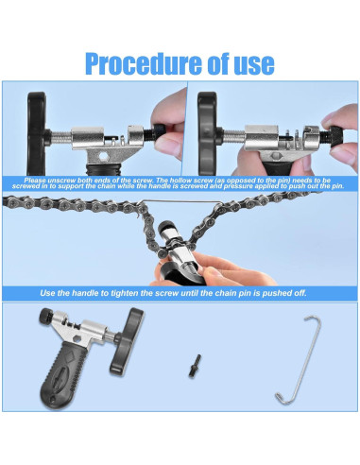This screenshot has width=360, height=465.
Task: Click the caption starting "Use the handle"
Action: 180,293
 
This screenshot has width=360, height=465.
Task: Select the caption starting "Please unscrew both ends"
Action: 180,182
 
